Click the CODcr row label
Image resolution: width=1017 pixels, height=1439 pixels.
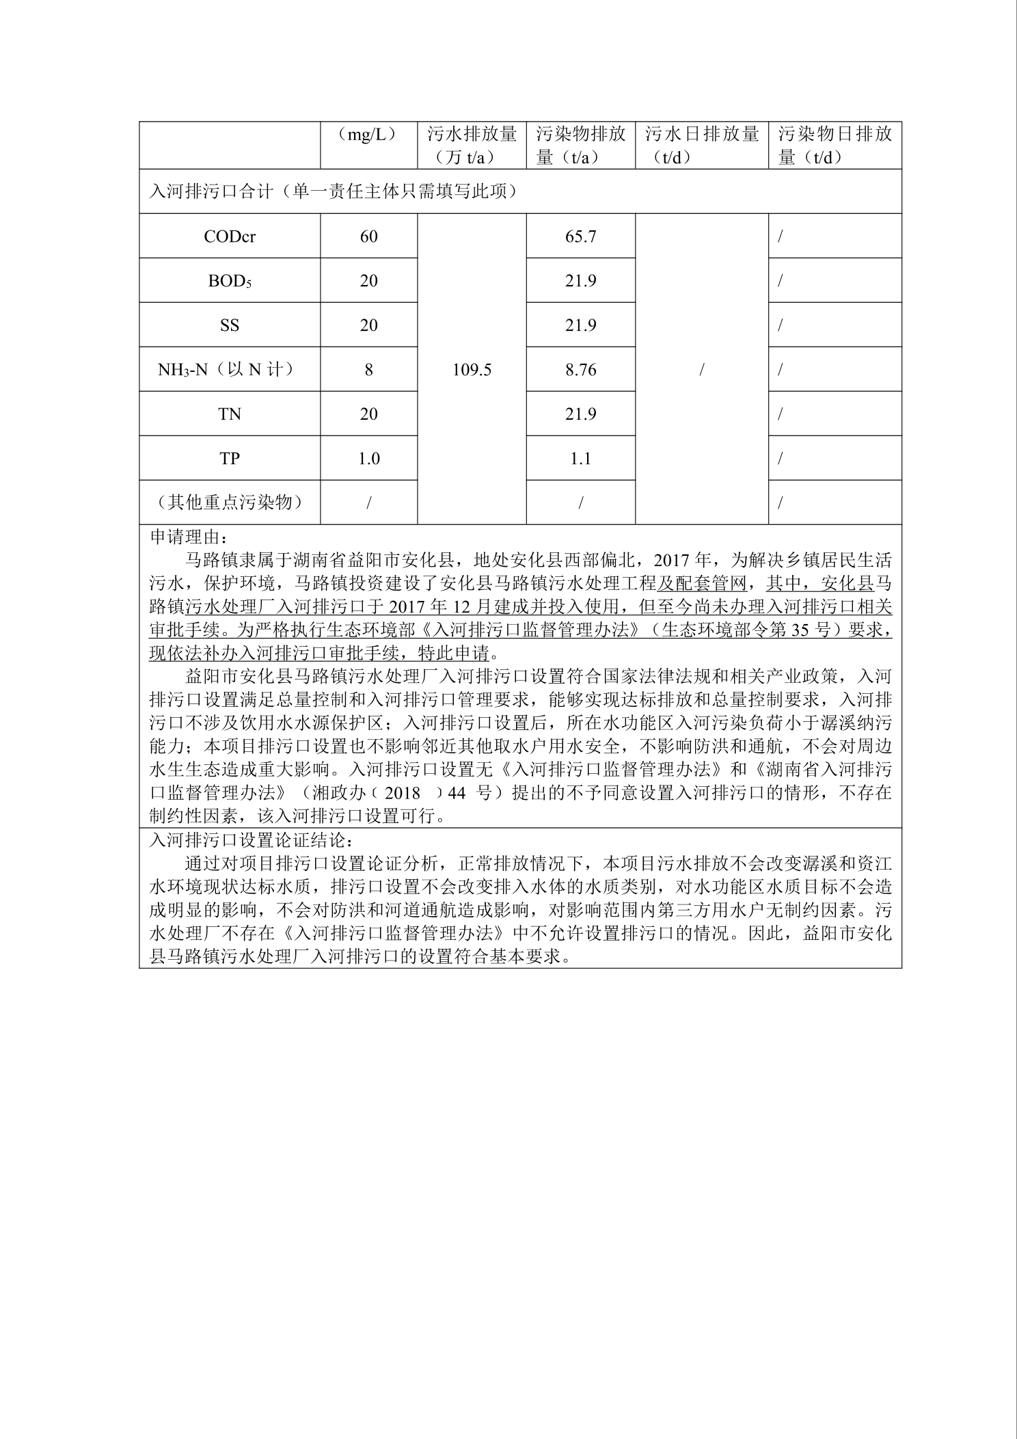(230, 237)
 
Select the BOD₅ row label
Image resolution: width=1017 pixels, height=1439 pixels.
(230, 281)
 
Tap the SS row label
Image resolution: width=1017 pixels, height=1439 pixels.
(230, 325)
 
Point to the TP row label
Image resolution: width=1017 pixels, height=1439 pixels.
(230, 459)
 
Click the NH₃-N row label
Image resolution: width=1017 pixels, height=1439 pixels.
(230, 370)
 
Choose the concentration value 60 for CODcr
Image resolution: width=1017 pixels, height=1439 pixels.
(368, 237)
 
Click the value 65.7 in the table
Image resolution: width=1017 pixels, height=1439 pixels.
(580, 237)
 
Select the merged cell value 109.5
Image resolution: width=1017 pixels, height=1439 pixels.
(472, 370)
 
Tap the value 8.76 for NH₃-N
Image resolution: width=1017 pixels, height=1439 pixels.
(580, 370)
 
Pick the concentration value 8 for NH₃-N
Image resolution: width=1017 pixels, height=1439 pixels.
(368, 370)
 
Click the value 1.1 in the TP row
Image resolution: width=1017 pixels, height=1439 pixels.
(580, 459)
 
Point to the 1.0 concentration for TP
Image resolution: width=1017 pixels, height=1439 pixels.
(368, 459)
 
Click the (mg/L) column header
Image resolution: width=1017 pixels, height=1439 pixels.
(368, 135)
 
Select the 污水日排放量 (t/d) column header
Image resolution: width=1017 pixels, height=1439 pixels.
(701, 145)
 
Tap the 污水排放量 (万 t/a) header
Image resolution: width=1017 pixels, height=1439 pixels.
(472, 145)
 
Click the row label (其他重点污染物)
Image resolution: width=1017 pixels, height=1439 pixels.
(230, 502)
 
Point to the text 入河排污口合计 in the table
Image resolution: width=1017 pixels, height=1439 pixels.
(212, 191)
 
